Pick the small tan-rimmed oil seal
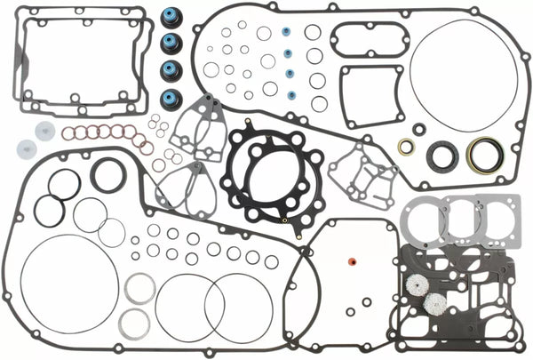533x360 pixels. pos(406,147)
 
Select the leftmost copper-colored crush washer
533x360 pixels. pos(68,133)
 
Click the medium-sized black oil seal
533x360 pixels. pos(442,156)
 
